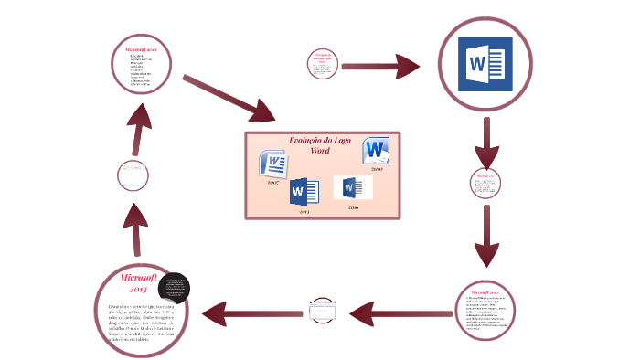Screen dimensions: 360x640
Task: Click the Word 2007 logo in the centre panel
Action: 274,165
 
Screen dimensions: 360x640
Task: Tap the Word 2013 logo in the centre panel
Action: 304,193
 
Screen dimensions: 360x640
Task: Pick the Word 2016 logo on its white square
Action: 352,189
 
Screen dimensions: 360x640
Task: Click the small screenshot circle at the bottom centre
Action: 325,312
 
